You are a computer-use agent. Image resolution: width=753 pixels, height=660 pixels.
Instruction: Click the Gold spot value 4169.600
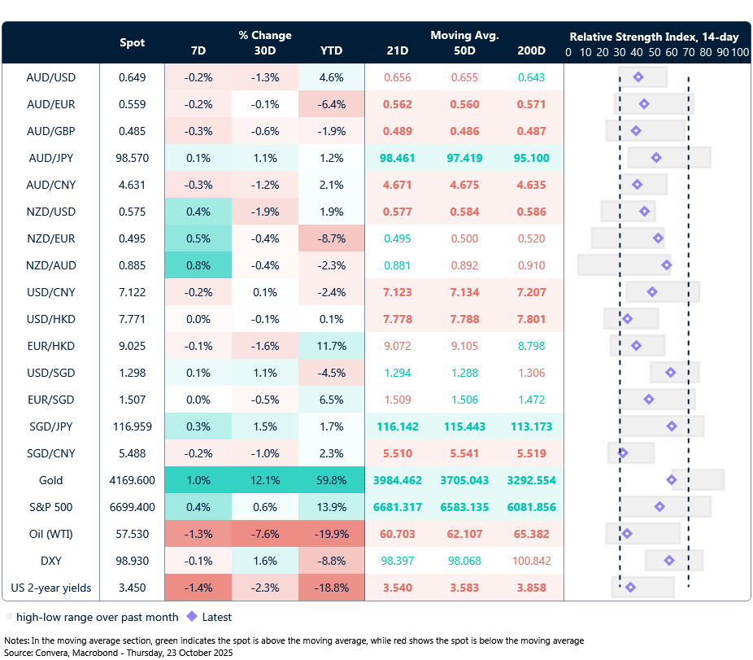pyautogui.click(x=132, y=480)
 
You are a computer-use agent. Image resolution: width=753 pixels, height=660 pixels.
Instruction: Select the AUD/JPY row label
pyautogui.click(x=51, y=158)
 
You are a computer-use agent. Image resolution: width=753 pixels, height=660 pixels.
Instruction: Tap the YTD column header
pyautogui.click(x=332, y=50)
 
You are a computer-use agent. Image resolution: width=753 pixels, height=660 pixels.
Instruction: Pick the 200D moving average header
pyautogui.click(x=531, y=50)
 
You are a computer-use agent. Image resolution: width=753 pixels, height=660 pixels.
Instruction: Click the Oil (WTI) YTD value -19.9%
pyautogui.click(x=332, y=534)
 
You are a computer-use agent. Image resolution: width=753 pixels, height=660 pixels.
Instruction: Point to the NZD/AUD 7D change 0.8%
pyautogui.click(x=198, y=265)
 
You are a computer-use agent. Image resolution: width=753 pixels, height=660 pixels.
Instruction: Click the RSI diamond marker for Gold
pyautogui.click(x=672, y=480)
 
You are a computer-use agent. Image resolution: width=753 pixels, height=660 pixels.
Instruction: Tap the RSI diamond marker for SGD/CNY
pyautogui.click(x=623, y=453)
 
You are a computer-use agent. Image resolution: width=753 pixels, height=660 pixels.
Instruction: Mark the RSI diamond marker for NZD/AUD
pyautogui.click(x=667, y=265)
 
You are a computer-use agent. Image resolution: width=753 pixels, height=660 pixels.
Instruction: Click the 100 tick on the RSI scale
pyautogui.click(x=739, y=52)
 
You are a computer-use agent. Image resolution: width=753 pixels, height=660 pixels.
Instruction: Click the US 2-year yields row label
pyautogui.click(x=51, y=588)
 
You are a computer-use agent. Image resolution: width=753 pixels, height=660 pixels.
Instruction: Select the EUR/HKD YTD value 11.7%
pyautogui.click(x=332, y=346)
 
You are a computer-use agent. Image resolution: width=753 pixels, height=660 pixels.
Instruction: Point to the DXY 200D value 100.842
pyautogui.click(x=531, y=561)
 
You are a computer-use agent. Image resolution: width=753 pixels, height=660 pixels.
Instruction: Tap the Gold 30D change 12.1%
pyautogui.click(x=265, y=480)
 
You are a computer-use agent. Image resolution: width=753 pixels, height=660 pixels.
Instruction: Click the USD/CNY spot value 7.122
pyautogui.click(x=132, y=292)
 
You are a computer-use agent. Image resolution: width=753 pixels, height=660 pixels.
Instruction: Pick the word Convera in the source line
pyautogui.click(x=54, y=651)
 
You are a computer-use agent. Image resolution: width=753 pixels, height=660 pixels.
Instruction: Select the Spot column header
pyautogui.click(x=132, y=42)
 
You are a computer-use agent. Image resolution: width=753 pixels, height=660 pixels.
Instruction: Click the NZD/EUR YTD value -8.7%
pyautogui.click(x=332, y=238)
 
